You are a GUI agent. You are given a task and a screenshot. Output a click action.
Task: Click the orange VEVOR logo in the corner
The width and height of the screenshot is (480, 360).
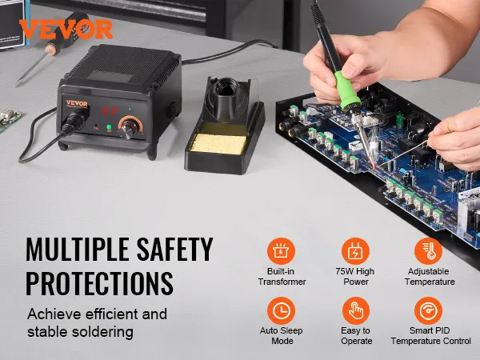coord(66,29)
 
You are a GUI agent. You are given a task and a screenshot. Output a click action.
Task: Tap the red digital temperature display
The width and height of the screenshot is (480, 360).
coord(110,111)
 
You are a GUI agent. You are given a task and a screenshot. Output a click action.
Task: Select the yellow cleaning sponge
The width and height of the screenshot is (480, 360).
coord(218,143)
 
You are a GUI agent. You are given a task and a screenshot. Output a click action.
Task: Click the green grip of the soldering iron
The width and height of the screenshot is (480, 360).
coord(346,90)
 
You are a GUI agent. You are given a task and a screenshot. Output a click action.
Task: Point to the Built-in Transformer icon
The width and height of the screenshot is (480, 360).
coord(281,251)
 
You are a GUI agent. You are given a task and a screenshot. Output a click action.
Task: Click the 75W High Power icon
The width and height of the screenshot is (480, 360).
coord(355,251)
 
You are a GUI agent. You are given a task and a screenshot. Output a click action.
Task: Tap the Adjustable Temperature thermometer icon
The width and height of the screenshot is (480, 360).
coord(429,251)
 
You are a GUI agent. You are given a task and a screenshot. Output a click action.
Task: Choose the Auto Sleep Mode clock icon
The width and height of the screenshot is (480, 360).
coord(281,310)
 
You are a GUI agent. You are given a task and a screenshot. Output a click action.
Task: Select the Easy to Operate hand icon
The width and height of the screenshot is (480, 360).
coord(356,310)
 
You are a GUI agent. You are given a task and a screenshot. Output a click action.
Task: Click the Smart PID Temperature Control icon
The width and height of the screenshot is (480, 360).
coord(429,310)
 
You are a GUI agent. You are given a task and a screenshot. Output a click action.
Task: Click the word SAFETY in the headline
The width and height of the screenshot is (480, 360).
coord(174,249)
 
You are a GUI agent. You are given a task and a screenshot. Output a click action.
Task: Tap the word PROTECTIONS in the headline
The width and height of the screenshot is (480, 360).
coord(99,283)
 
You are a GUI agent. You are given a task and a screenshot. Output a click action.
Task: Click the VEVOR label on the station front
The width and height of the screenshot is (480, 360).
coord(77,104)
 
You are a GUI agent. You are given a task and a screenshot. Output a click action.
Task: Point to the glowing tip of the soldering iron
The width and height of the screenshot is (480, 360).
coord(374,165)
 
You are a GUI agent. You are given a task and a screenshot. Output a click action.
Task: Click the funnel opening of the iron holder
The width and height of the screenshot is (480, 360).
coord(226,87)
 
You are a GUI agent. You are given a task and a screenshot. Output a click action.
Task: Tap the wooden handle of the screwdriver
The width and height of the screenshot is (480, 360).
coord(51,49)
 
